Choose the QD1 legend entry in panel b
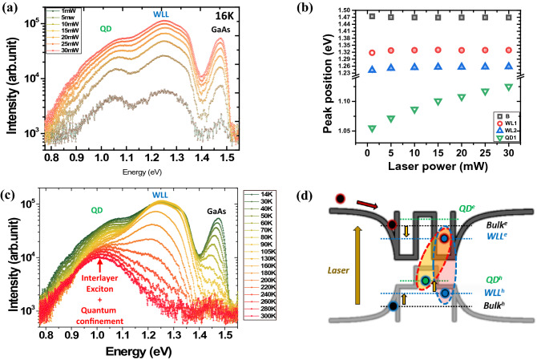tap(510, 138)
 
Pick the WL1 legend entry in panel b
tap(510, 123)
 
